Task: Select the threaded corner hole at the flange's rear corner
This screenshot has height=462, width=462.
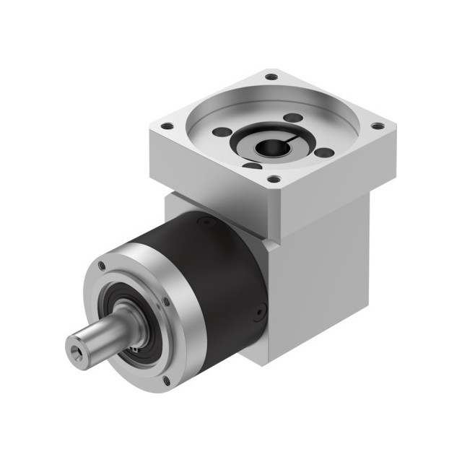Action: [271, 76]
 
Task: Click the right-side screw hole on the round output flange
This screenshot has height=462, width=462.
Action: [166, 302]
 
